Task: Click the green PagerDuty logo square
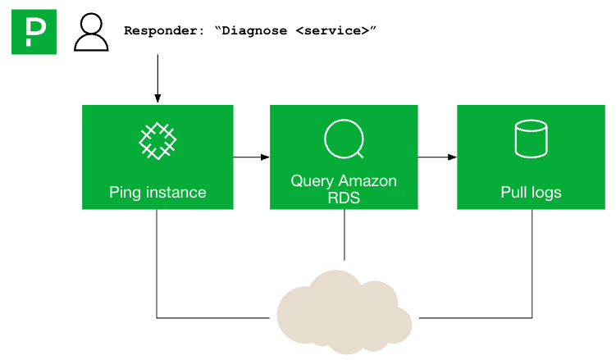click(x=34, y=32)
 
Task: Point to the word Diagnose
click(x=255, y=30)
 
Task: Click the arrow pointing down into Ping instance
click(x=157, y=82)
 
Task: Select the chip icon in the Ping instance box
click(x=157, y=140)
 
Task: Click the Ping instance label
click(x=157, y=193)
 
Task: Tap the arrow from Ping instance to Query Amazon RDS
click(x=251, y=157)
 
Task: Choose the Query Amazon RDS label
click(x=344, y=188)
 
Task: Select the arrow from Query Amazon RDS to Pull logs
click(x=437, y=157)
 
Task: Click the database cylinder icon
click(x=531, y=139)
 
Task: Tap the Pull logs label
click(x=531, y=193)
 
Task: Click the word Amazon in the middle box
click(x=367, y=181)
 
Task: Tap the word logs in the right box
click(x=545, y=193)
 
